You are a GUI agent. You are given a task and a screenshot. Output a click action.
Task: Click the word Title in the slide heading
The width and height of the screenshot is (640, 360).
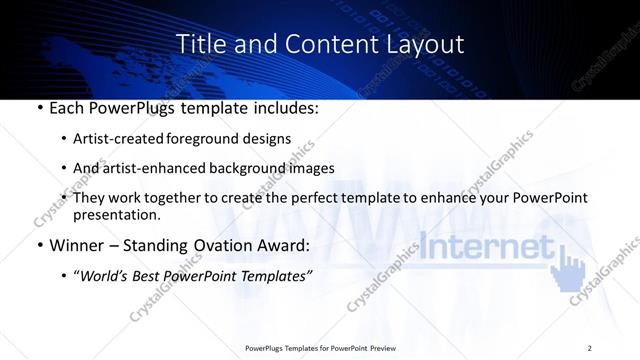[198, 44]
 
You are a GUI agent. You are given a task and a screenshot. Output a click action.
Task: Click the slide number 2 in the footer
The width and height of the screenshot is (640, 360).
[590, 347]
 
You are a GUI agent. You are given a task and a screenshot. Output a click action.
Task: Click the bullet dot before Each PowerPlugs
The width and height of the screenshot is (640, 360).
[38, 107]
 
